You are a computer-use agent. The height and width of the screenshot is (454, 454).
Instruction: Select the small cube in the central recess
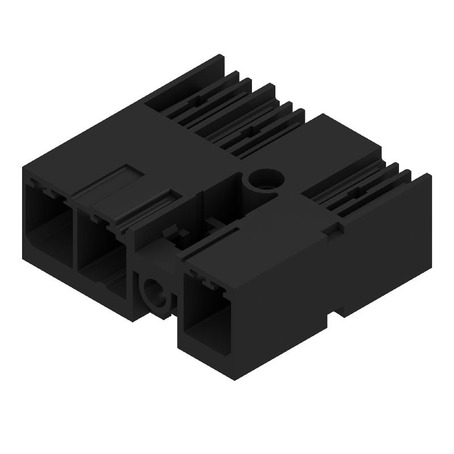tap(183, 234)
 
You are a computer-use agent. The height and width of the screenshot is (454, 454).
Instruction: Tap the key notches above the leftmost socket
tap(43, 186)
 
